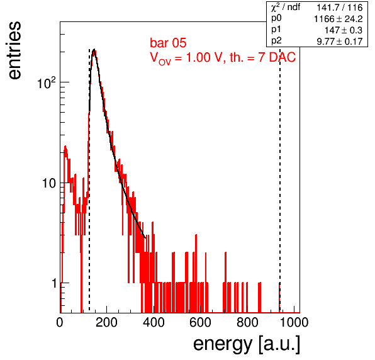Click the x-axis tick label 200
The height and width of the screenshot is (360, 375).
pyautogui.click(x=106, y=322)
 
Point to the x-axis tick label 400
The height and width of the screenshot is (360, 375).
pyautogui.click(x=154, y=322)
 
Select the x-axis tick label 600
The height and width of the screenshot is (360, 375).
pyautogui.click(x=200, y=322)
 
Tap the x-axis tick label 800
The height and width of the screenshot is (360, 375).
pyautogui.click(x=247, y=322)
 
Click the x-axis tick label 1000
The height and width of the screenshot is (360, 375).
pyautogui.click(x=294, y=322)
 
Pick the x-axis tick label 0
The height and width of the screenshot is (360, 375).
pyautogui.click(x=60, y=322)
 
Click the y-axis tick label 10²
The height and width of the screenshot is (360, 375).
pyautogui.click(x=47, y=83)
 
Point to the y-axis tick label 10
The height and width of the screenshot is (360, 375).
pyautogui.click(x=49, y=184)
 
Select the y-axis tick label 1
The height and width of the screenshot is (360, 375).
pyautogui.click(x=54, y=283)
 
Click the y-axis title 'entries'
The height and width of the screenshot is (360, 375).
pyautogui.click(x=15, y=50)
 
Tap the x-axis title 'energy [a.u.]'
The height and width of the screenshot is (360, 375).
pyautogui.click(x=247, y=344)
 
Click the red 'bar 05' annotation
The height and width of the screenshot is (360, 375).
pyautogui.click(x=168, y=43)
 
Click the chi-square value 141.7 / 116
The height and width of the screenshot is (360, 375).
pyautogui.click(x=340, y=8)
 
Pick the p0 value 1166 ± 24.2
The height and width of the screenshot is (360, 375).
pyautogui.click(x=338, y=19)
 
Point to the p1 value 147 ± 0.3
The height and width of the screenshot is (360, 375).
pyautogui.click(x=344, y=30)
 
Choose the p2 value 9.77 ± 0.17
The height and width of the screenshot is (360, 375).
pyautogui.click(x=340, y=42)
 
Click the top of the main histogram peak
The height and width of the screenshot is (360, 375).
pyautogui.click(x=94, y=50)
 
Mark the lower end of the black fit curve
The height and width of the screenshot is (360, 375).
pyautogui.click(x=145, y=238)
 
